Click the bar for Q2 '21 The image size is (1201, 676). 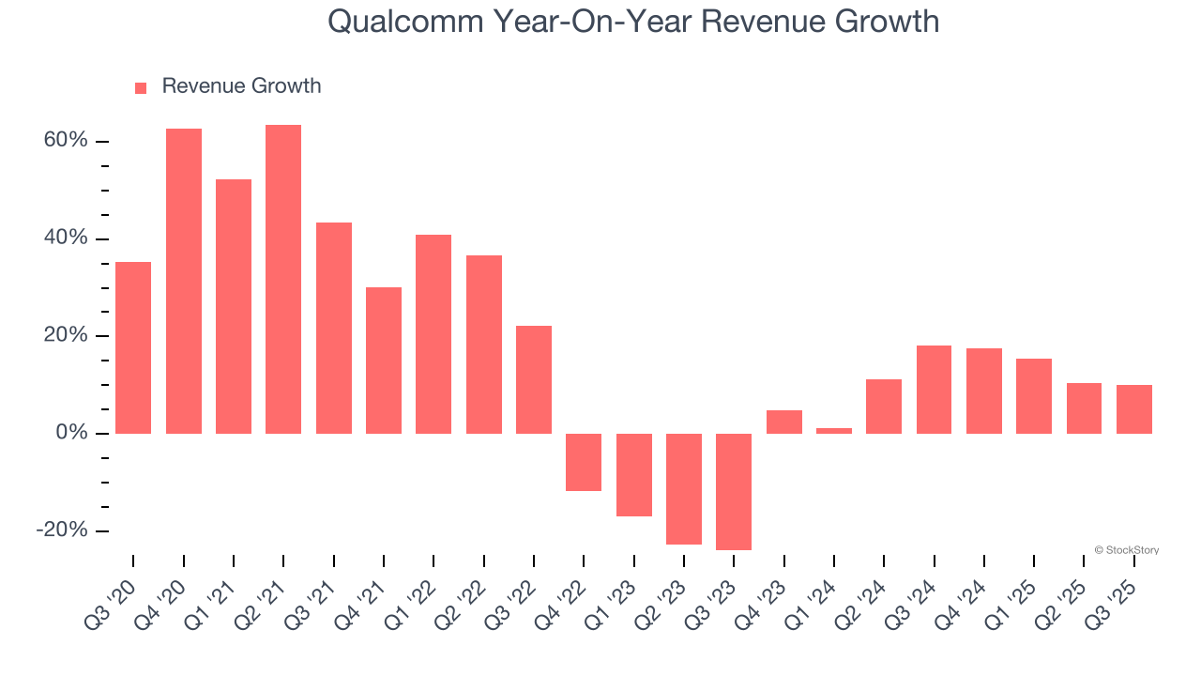point(283,279)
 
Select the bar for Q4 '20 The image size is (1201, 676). point(184,281)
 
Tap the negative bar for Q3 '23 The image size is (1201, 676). point(734,491)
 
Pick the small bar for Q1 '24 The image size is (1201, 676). point(834,431)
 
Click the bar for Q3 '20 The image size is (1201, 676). point(133,347)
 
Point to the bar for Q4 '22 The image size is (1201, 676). point(584,462)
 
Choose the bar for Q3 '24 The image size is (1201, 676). point(934,390)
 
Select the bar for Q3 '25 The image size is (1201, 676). point(1134,409)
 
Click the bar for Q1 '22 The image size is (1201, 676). point(433,334)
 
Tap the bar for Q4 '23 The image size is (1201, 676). point(784,422)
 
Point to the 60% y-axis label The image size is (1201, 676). point(65,141)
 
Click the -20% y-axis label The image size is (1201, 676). point(62,530)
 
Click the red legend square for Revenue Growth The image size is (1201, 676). point(141,88)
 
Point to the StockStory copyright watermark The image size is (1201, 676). point(1126,550)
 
